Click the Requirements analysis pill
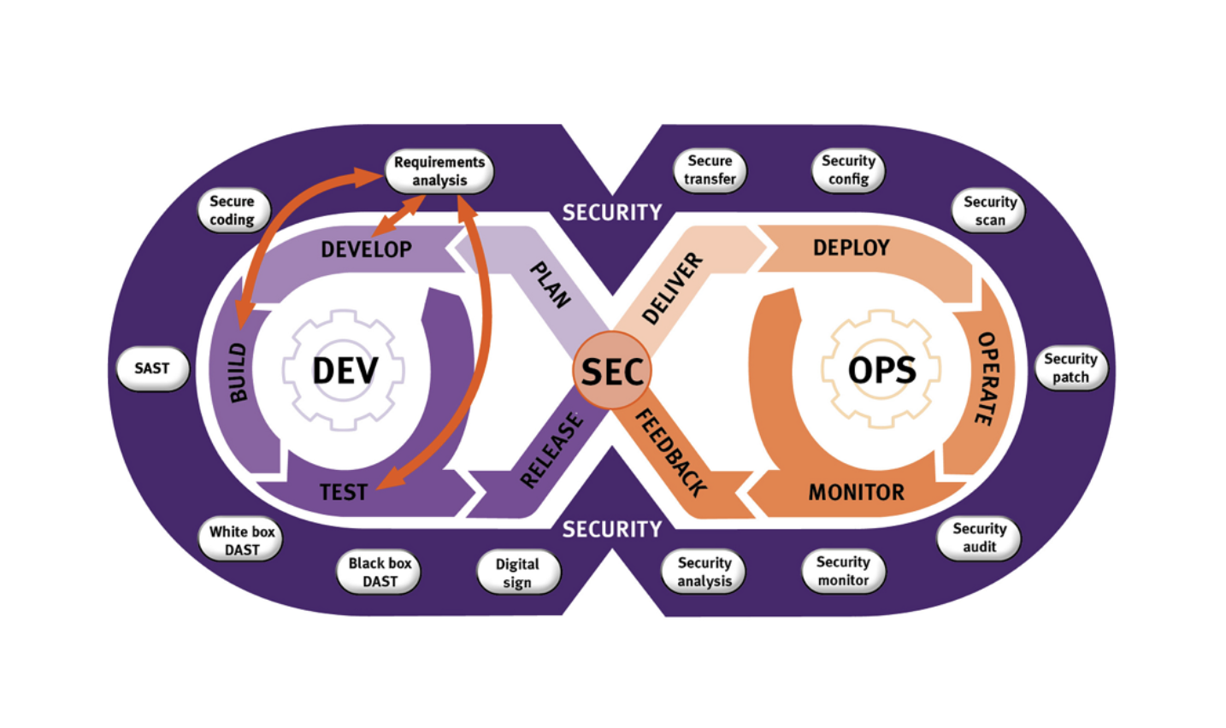click(x=439, y=171)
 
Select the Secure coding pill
click(x=232, y=210)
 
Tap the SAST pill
click(x=152, y=368)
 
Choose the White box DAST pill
click(x=242, y=540)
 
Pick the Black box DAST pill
click(x=380, y=572)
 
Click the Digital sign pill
click(x=517, y=572)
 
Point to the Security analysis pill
click(x=704, y=572)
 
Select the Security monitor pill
click(x=843, y=571)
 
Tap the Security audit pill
click(x=980, y=537)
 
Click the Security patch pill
click(x=1070, y=368)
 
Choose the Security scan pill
click(x=990, y=210)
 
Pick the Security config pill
click(x=848, y=169)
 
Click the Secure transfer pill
click(x=710, y=169)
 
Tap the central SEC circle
click(x=612, y=371)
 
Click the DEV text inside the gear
click(x=345, y=371)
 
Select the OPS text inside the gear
click(x=882, y=370)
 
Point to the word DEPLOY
click(x=852, y=248)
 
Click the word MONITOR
click(x=857, y=492)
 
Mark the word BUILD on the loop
click(x=238, y=373)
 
